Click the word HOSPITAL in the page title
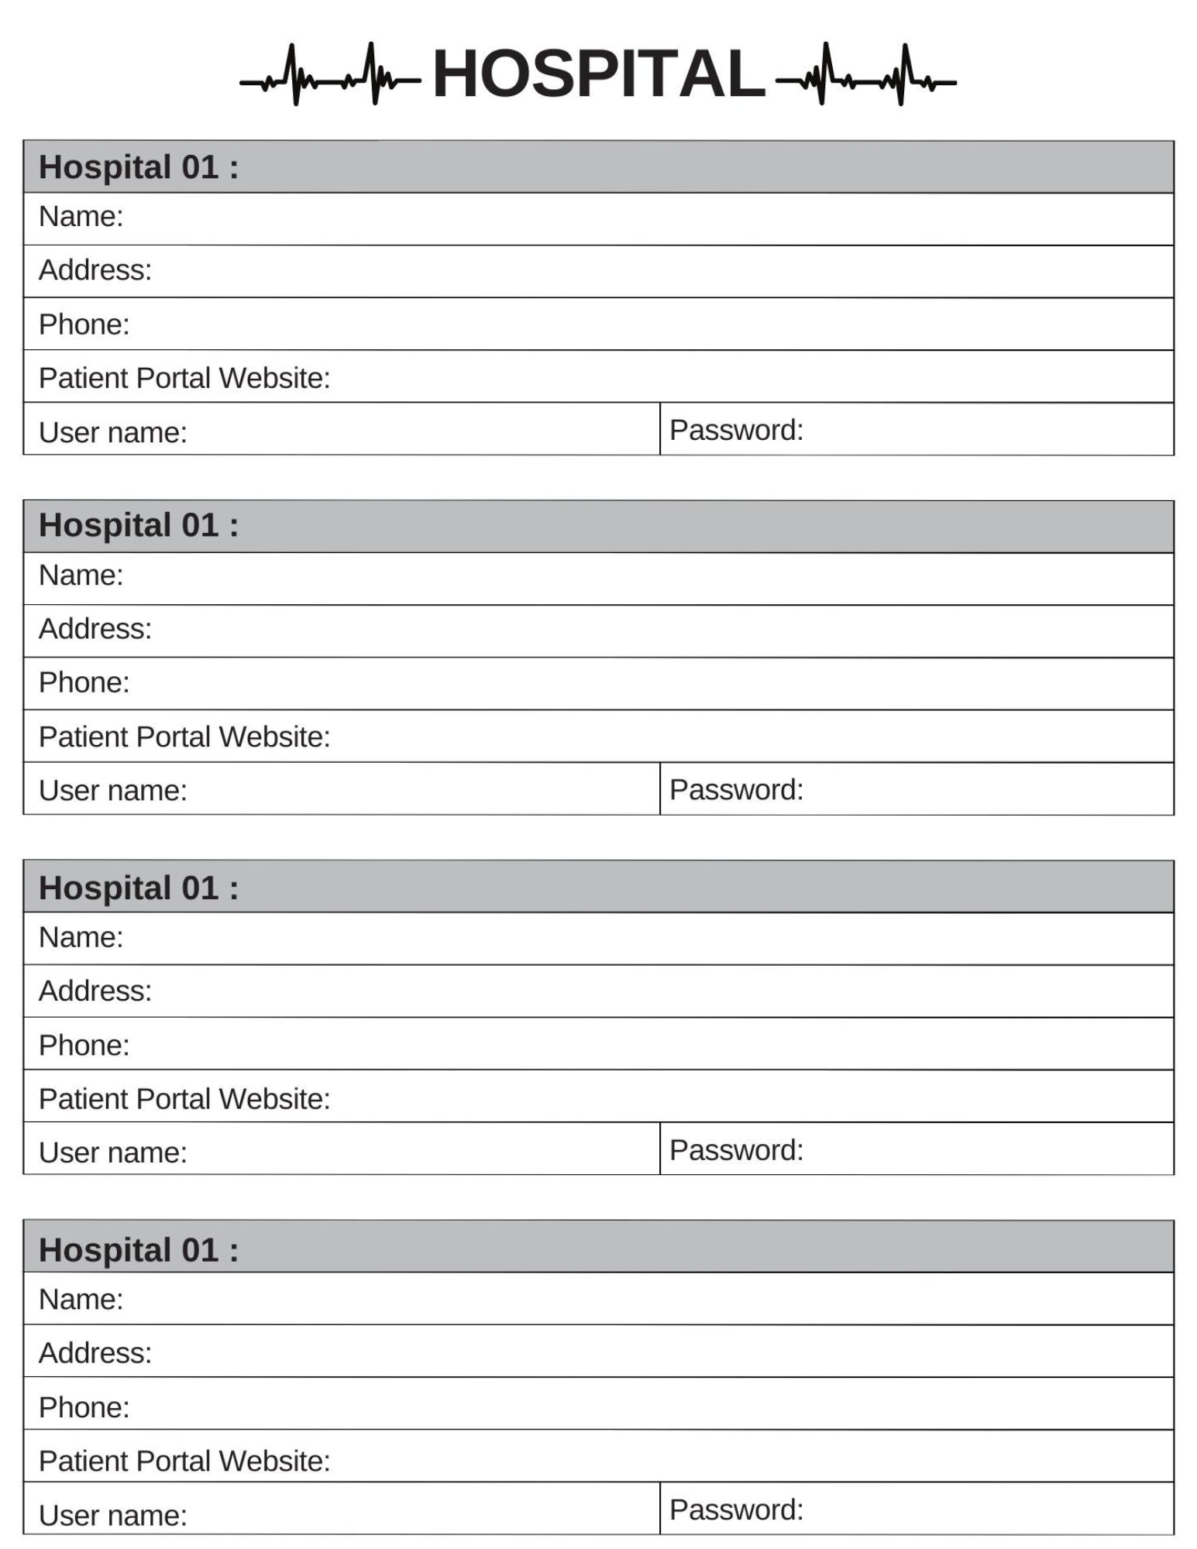click(x=598, y=74)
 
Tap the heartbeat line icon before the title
click(x=330, y=76)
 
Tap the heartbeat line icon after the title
click(x=865, y=76)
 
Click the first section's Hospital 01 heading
click(x=139, y=167)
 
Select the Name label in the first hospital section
click(x=81, y=217)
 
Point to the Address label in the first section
click(x=95, y=270)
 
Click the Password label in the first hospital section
click(x=736, y=430)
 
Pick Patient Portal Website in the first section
click(x=184, y=378)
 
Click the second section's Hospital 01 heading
click(x=139, y=526)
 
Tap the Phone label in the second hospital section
click(x=84, y=682)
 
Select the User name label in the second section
click(x=113, y=791)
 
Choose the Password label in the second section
click(x=736, y=790)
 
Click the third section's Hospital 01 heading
click(x=139, y=888)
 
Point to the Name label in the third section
click(x=81, y=938)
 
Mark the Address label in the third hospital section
click(x=95, y=991)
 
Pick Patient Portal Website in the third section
click(x=184, y=1099)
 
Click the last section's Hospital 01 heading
click(x=139, y=1250)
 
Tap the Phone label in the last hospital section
click(x=84, y=1407)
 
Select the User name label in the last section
click(x=113, y=1516)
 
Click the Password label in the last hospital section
click(x=736, y=1510)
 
